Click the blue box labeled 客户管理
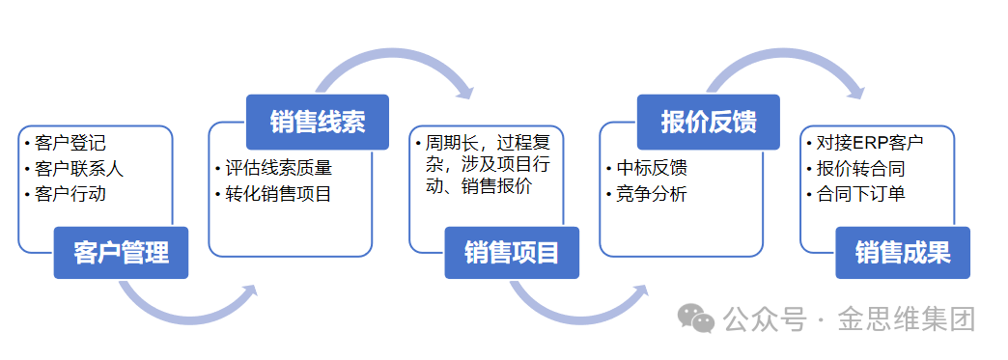pyautogui.click(x=121, y=253)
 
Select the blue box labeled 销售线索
pyautogui.click(x=318, y=123)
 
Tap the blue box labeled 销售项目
pyautogui.click(x=512, y=253)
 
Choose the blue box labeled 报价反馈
pyautogui.click(x=709, y=123)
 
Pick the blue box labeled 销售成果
pyautogui.click(x=903, y=253)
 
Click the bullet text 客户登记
pyautogui.click(x=70, y=143)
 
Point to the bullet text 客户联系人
pyautogui.click(x=80, y=169)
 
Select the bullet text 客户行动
pyautogui.click(x=70, y=194)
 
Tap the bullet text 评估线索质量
pyautogui.click(x=278, y=169)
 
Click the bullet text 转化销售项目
pyautogui.click(x=278, y=194)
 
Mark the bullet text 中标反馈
pyautogui.click(x=652, y=169)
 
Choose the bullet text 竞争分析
pyautogui.click(x=652, y=194)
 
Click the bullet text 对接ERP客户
pyautogui.click(x=870, y=143)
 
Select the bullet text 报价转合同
pyautogui.click(x=861, y=169)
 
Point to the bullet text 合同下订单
pyautogui.click(x=861, y=194)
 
